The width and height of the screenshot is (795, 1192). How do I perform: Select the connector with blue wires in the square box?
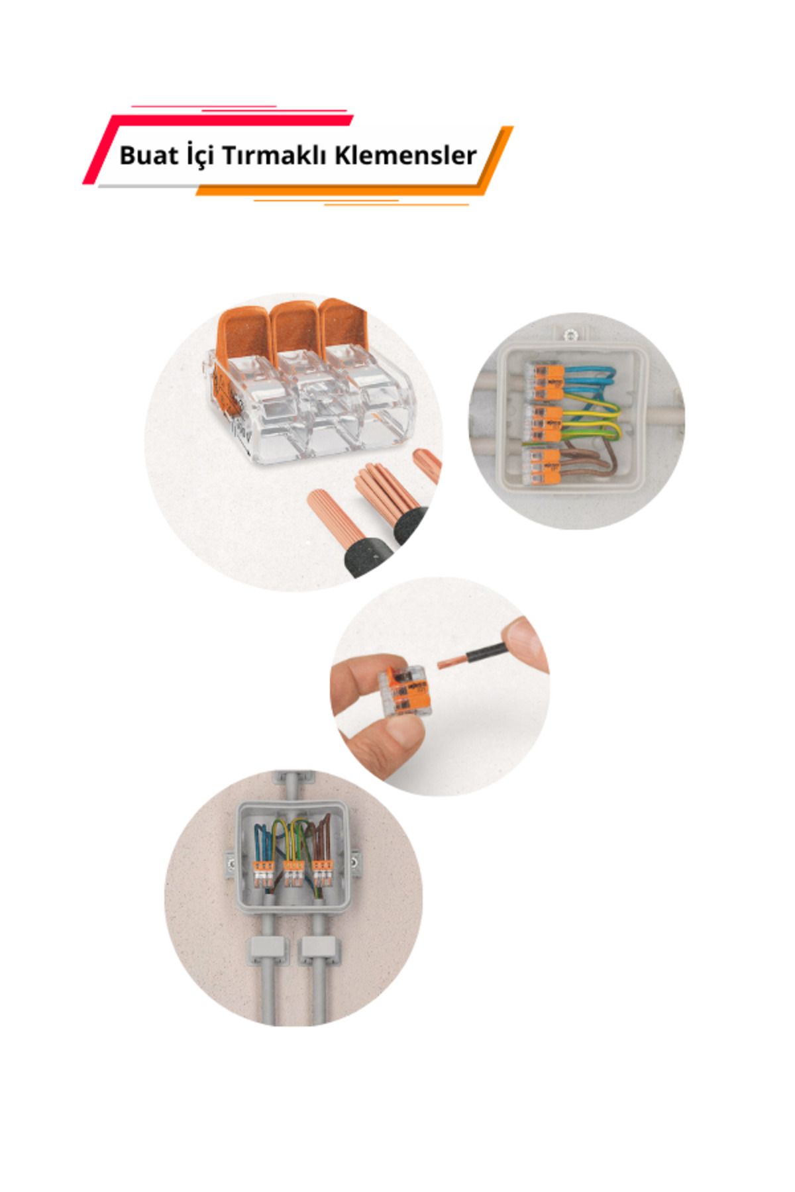tap(544, 381)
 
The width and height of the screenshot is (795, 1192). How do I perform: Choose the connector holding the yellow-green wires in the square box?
tap(544, 422)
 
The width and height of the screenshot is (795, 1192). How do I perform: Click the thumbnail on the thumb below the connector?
tap(398, 732)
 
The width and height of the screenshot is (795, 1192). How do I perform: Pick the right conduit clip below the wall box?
tap(319, 950)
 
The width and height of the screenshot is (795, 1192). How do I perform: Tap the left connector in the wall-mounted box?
tap(263, 873)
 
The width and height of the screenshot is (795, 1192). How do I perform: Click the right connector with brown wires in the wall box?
tap(322, 873)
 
